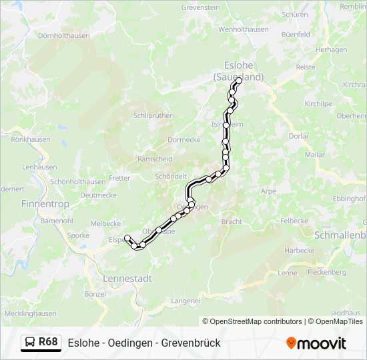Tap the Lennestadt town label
pos(128,278)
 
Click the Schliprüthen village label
pos(153,115)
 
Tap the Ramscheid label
pos(154,159)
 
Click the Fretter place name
pos(119,178)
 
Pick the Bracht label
pos(232,221)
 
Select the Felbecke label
pos(294,220)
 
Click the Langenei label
pos(186,301)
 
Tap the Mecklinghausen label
pos(30,313)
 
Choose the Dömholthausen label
pos(64,36)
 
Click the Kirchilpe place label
pos(318,104)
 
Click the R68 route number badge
pos(48,342)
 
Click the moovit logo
pos(316,343)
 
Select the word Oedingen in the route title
pos(137,343)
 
